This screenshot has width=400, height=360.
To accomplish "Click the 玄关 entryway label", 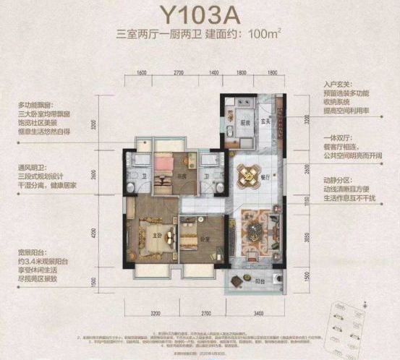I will click(x=265, y=121).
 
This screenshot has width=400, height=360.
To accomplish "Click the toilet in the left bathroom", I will click(x=130, y=187).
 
